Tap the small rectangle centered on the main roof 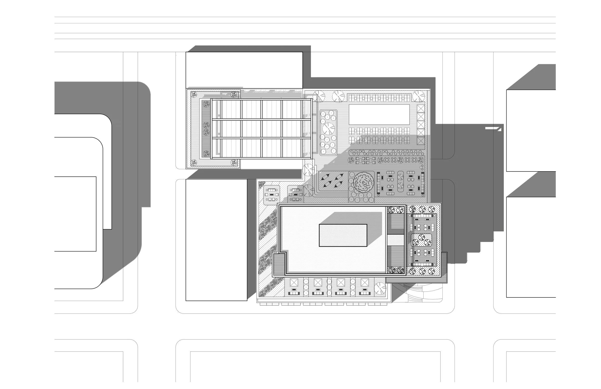pos(343,235)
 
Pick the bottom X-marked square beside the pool pos(421,140)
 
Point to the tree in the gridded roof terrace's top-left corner pos(194,95)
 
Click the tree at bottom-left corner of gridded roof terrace pos(194,163)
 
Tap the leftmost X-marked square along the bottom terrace pos(294,282)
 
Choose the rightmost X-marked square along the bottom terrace pos(364,282)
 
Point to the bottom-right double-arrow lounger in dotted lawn pos(338,184)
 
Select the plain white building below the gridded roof pos(216,240)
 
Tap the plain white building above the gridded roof pos(244,70)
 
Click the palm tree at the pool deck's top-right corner pos(419,96)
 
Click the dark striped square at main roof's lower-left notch pos(279,264)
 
